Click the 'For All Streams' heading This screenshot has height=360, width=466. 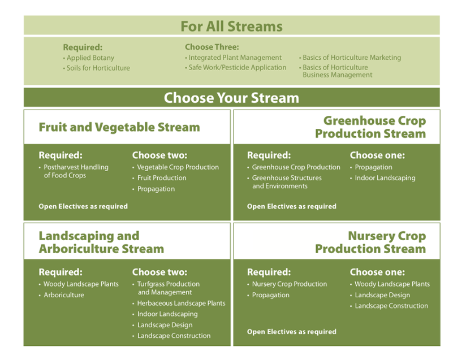pos(231,26)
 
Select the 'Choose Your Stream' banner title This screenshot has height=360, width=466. pos(231,98)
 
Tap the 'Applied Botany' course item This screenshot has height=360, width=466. pos(90,58)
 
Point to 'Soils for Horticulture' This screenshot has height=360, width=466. pos(98,68)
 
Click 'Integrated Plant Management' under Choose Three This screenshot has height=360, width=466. pos(235,58)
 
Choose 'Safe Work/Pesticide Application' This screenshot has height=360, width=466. pos(238,67)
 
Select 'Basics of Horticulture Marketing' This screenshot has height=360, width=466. pos(352,58)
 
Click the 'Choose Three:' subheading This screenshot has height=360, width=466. pos(212,47)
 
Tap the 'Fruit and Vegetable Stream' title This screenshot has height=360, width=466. pos(119,127)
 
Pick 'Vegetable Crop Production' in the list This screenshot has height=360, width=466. pos(178,167)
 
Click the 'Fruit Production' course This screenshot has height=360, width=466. pos(162,178)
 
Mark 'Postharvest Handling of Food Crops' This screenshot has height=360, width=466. pos(76,171)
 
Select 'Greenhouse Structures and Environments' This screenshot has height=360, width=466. pos(287,182)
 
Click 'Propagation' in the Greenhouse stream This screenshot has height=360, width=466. pos(374,167)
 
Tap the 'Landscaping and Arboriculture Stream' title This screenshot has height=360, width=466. pos(101,242)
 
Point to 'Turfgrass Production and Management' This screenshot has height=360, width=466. pos(168,288)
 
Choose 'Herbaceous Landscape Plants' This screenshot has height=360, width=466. pos(182,303)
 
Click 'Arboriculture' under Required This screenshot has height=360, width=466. pos(64,295)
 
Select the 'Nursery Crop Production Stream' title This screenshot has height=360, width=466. pos(370,242)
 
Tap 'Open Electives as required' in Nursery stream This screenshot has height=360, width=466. pos(292,332)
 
